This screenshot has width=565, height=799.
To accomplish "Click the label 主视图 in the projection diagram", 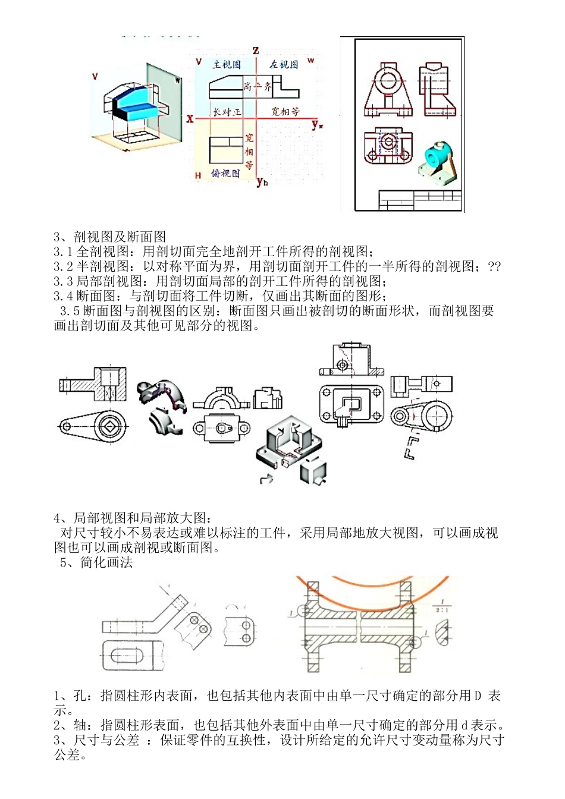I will tap(227, 64).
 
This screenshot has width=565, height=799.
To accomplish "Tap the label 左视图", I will tap(284, 64).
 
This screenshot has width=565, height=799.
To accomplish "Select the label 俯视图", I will tap(225, 173).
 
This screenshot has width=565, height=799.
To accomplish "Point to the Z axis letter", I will tap(256, 50).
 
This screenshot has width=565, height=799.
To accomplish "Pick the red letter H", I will tap(198, 175).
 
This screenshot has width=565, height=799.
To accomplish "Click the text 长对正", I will tap(227, 111).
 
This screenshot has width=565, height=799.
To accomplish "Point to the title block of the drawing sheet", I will tap(420, 200).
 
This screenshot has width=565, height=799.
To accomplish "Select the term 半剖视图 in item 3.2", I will tap(102, 266).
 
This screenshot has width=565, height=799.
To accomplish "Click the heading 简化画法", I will tap(106, 562).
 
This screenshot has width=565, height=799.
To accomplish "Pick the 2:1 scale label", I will tap(441, 610).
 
